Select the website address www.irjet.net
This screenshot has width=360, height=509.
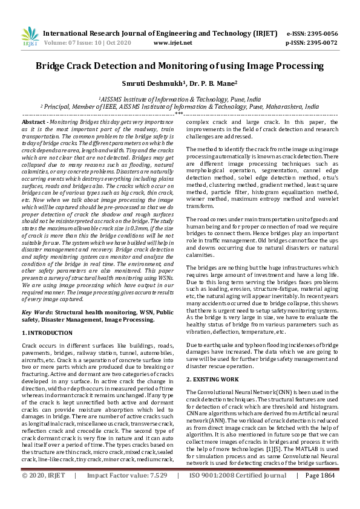173,43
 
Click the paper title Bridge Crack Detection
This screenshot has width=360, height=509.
180,66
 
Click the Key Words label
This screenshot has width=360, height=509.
36,313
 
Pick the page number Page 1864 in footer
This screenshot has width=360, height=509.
319,493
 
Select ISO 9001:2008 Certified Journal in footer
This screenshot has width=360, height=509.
238,493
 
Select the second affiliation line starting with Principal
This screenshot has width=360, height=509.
180,106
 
